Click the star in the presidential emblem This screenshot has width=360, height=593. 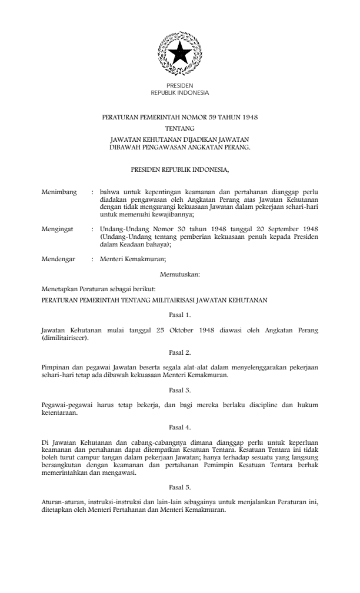[x=179, y=55]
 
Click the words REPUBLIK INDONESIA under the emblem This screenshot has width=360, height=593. [x=179, y=93]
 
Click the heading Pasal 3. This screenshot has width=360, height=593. [x=179, y=389]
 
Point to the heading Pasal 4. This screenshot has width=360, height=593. [x=179, y=427]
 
